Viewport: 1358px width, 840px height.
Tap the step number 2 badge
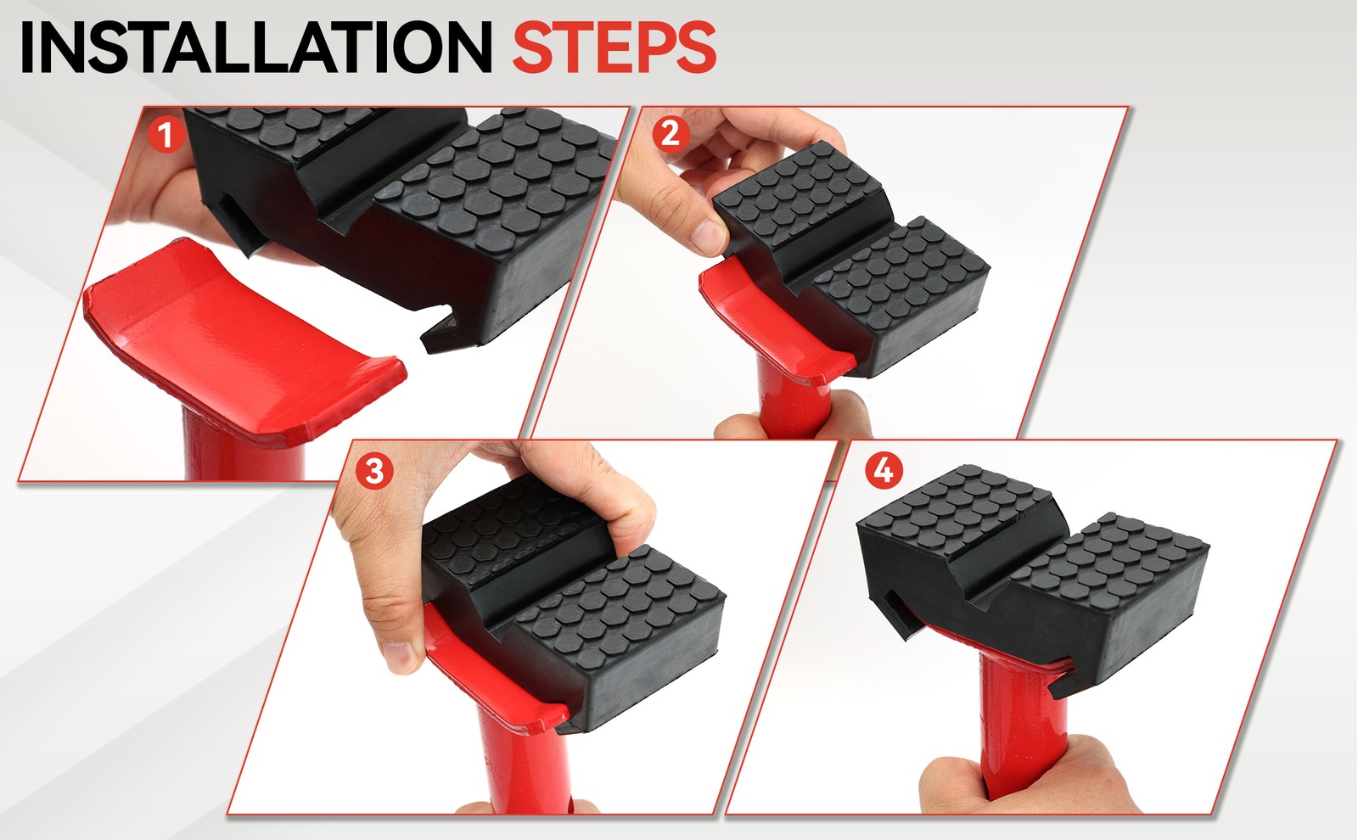click(x=670, y=133)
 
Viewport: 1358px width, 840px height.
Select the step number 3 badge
click(x=373, y=470)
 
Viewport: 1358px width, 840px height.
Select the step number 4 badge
click(x=883, y=469)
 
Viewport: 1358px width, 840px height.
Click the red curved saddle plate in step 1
click(x=229, y=331)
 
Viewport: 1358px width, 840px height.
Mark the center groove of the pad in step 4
click(x=1002, y=560)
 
